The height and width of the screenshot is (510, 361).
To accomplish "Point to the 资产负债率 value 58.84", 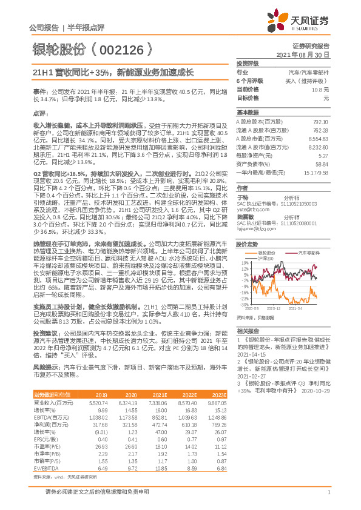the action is pyautogui.click(x=322, y=164).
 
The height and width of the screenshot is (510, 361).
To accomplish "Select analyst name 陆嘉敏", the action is pyautogui.click(x=245, y=215).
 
